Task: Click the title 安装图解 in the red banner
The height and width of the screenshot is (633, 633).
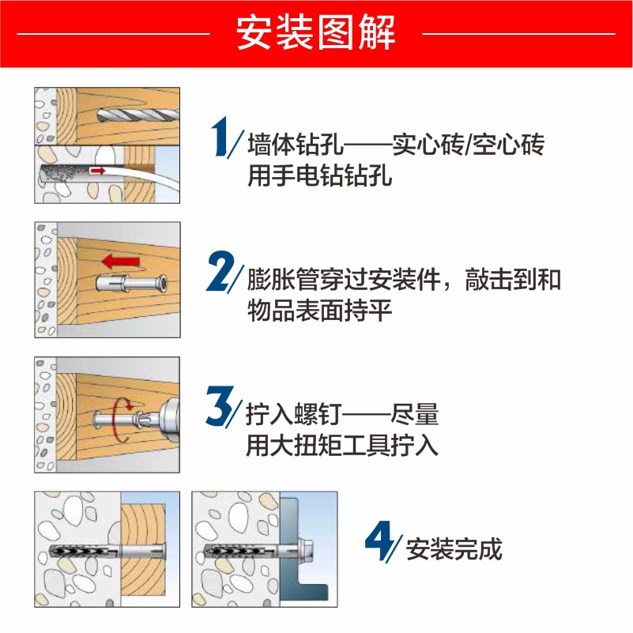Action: [315, 32]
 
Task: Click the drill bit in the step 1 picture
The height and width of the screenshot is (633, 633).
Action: [138, 116]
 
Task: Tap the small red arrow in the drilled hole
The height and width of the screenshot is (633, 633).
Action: [97, 171]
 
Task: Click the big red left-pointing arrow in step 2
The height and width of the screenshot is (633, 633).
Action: [121, 262]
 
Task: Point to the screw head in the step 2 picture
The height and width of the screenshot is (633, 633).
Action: [162, 283]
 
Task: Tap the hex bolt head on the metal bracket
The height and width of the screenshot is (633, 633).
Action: [306, 549]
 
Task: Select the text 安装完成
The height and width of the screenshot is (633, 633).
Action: [454, 549]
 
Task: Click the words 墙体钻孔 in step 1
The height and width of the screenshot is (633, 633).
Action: [296, 145]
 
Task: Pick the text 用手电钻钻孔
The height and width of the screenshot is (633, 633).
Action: [320, 175]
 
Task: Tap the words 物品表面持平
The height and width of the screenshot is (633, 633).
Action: [320, 311]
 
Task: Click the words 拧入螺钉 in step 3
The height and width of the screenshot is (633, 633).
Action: [294, 415]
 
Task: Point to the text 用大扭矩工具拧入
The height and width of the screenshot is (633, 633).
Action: [342, 445]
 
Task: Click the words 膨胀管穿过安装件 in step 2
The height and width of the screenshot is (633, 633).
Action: [344, 280]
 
